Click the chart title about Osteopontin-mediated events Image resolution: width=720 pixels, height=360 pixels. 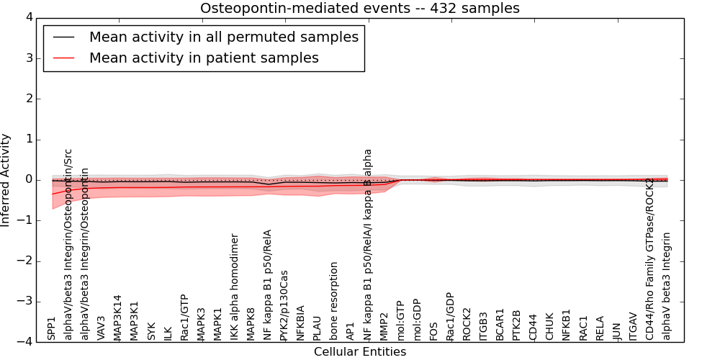coord(359,9)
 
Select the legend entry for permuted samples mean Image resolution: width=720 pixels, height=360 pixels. coord(223,37)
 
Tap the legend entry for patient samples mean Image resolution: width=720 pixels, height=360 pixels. coord(204,58)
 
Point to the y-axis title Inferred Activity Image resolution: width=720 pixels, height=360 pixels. coord(6,180)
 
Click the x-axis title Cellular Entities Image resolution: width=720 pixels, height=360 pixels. coord(359,352)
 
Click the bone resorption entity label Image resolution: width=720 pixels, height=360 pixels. coord(334,301)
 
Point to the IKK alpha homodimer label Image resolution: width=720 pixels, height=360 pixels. coord(234,287)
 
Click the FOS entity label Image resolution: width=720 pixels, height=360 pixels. coord(433,330)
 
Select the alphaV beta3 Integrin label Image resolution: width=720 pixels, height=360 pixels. coord(667,286)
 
